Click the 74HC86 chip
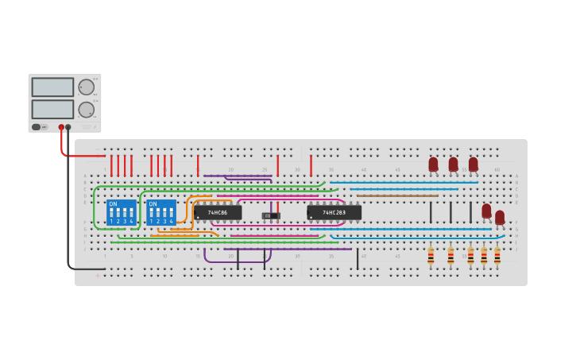218,213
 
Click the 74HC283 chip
334,213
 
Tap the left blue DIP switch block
121,212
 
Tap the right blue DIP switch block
161,212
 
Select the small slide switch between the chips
271,215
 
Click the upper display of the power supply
52,87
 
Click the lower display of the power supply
52,109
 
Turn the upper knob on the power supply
86,87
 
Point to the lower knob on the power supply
86,110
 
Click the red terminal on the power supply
61,127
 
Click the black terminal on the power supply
68,127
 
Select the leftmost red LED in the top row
433,165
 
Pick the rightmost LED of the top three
474,165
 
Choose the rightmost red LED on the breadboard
500,217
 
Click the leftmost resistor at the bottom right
431,256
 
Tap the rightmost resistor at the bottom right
497,256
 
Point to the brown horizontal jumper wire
397,195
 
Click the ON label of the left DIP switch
113,204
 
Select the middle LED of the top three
453,165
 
